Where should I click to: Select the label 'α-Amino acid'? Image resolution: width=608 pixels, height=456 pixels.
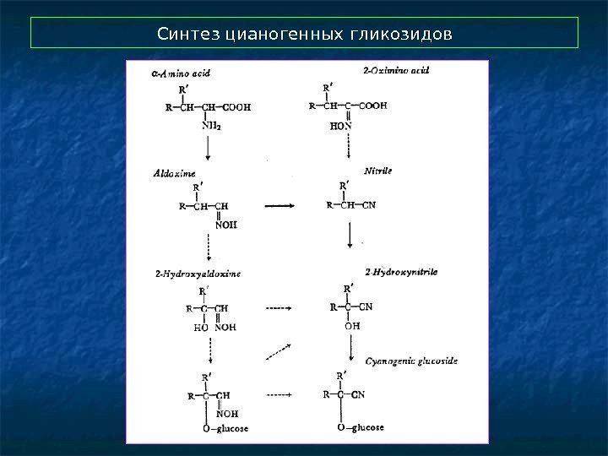pos(181,73)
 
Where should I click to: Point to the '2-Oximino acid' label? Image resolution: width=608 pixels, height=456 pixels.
pos(395,72)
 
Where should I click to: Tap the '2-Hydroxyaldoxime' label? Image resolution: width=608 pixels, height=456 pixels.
pos(198,274)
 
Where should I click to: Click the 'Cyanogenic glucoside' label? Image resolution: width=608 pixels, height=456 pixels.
pos(411,361)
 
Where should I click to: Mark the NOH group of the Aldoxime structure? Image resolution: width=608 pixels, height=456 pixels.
pos(225,225)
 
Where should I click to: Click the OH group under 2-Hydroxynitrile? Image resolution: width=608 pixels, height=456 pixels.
pos(351,325)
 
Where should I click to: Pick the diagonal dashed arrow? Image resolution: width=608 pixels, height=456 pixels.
pos(278,352)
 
